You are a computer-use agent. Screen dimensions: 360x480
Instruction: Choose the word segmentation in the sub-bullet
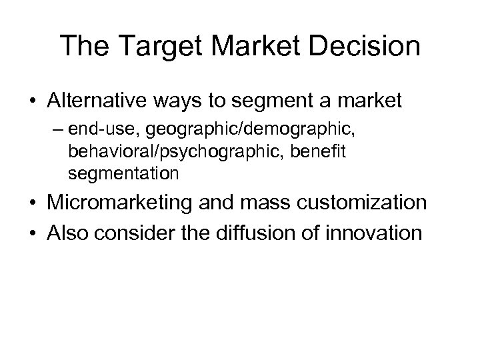[x=123, y=175]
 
